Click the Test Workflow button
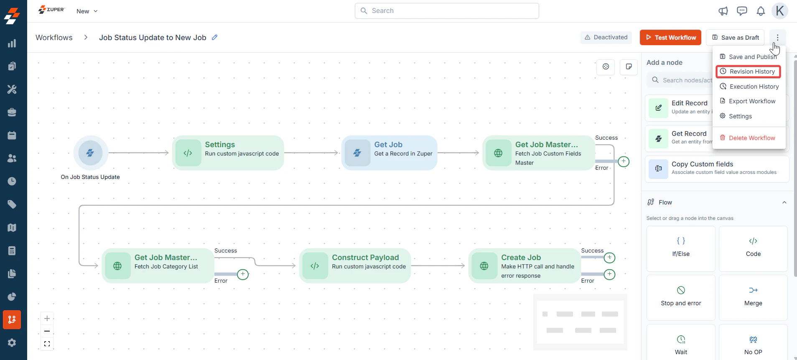670,38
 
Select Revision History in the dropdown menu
748,71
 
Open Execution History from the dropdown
749,87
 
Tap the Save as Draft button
735,38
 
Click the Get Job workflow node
389,153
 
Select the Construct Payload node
355,266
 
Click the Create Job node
525,266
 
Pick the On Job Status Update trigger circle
91,153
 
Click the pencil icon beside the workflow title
215,37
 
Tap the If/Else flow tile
681,248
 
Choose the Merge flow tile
753,297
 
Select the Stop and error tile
681,297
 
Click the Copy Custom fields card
717,169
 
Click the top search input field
447,11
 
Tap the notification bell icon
761,11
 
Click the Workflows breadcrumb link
54,38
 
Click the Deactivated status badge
606,38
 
